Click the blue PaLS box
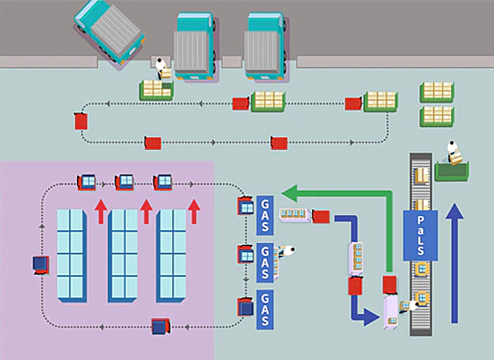(x=421, y=235)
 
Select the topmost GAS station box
(x=265, y=215)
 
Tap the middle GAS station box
(x=265, y=263)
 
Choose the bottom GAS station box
(x=265, y=310)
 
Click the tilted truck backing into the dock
(x=109, y=33)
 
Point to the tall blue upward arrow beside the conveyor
(x=454, y=263)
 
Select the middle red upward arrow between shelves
(x=147, y=212)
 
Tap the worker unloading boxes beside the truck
(x=161, y=68)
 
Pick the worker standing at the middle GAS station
(x=287, y=251)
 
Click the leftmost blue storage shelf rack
(x=71, y=256)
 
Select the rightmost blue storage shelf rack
(x=171, y=256)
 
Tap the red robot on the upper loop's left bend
(x=81, y=121)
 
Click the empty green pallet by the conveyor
(x=452, y=171)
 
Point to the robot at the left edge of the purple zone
(x=41, y=265)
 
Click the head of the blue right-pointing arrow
(x=371, y=317)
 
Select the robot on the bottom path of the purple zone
(x=161, y=326)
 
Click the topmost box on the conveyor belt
(x=421, y=175)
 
